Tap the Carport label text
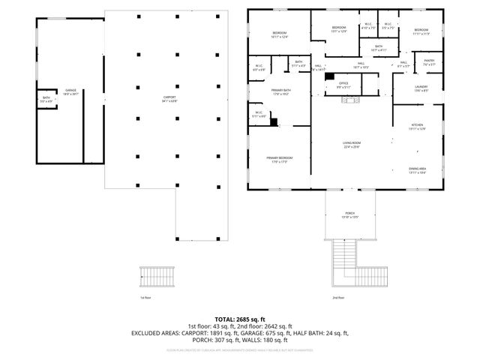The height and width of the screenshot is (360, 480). (169, 98)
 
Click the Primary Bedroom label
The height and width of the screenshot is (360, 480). (279, 159)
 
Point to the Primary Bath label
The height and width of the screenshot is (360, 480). (280, 92)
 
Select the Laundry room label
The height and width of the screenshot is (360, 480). (421, 88)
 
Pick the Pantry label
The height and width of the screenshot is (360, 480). (429, 62)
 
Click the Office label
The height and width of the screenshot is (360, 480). (343, 85)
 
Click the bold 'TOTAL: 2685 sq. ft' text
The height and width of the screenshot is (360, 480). (239, 319)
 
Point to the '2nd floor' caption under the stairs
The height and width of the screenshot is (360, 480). (338, 298)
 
